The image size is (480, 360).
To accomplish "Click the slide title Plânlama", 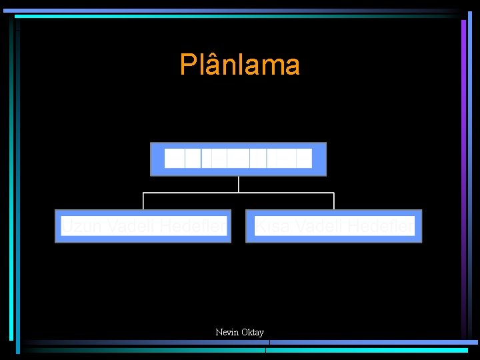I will tap(239, 65).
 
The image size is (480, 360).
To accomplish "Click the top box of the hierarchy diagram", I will tap(238, 159).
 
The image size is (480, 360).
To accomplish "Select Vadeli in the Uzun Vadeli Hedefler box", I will tap(131, 227).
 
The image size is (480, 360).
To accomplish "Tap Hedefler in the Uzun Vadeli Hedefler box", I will tap(192, 227).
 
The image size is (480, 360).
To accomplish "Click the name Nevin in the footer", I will tap(227, 332).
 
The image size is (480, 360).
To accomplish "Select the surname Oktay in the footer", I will tap(252, 332).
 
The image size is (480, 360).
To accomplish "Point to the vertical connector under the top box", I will tap(238, 184).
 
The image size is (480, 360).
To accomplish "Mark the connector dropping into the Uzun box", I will tap(143, 201).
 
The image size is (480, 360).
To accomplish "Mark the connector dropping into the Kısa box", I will tap(334, 201).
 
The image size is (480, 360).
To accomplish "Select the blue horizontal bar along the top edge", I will tap(233, 11).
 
